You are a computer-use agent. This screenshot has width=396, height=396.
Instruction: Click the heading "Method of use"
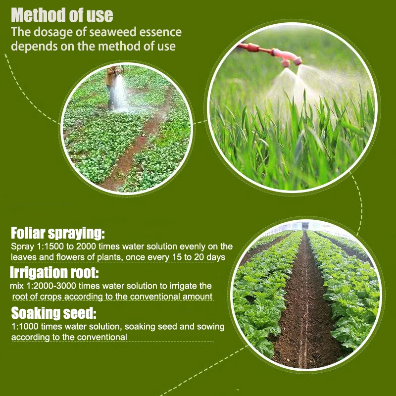click(x=62, y=15)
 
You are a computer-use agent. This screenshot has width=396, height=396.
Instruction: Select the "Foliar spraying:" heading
click(x=58, y=234)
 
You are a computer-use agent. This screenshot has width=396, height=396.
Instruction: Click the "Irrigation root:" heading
click(x=55, y=273)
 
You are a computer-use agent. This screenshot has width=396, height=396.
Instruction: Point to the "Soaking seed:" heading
click(x=53, y=313)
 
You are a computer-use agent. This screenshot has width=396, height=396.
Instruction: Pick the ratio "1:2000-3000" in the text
click(x=55, y=286)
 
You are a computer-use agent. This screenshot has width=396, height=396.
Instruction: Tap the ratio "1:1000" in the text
click(x=24, y=327)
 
